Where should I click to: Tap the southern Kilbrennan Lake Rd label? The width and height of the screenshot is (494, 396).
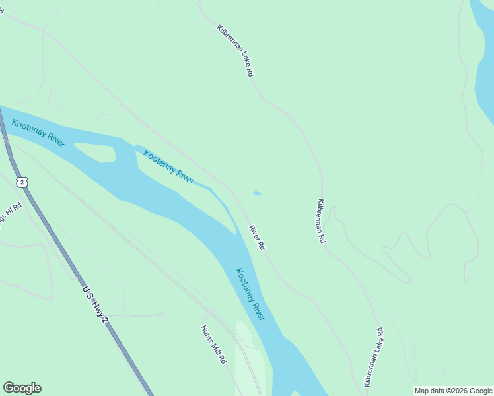(x=374, y=356)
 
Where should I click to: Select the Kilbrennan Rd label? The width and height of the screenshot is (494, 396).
(x=321, y=221)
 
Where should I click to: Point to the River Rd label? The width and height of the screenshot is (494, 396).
(x=257, y=238)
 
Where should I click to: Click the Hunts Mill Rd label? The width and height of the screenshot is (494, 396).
(x=214, y=345)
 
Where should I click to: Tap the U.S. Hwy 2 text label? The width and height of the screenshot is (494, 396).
(x=94, y=304)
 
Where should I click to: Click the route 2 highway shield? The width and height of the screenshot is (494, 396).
(x=23, y=181)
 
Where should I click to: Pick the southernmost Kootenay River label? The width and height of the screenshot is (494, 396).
(x=250, y=294)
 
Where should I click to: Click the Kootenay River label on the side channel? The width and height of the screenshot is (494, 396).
(x=168, y=167)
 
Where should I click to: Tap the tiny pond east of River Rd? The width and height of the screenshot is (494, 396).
(x=256, y=193)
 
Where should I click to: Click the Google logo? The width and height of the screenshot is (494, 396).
(x=22, y=388)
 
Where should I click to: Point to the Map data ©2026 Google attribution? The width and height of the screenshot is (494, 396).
(x=453, y=391)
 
